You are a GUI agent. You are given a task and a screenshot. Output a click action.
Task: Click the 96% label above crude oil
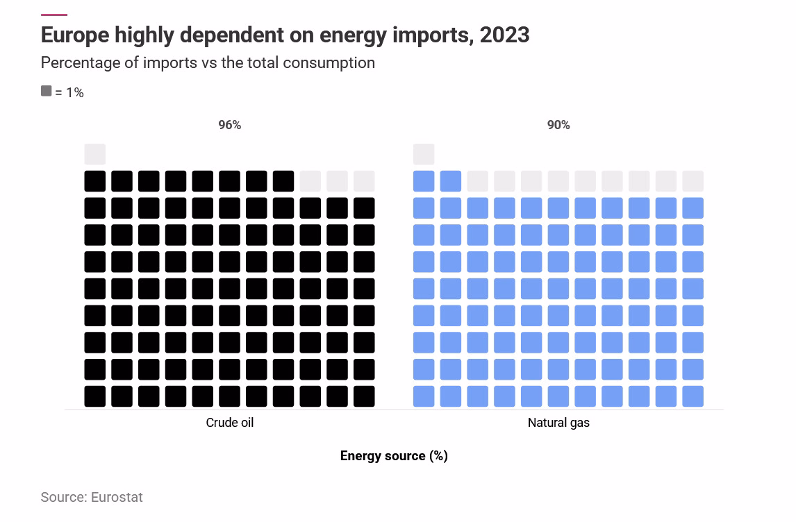pyautogui.click(x=229, y=125)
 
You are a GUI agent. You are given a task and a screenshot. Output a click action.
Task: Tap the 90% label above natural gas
pyautogui.click(x=558, y=125)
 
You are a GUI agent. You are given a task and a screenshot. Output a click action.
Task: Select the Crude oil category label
pyautogui.click(x=229, y=423)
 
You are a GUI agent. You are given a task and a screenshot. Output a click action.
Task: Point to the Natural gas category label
pyautogui.click(x=558, y=423)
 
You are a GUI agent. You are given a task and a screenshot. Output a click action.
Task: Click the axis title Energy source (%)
pyautogui.click(x=394, y=455)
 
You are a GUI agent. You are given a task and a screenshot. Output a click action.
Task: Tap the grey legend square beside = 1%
pyautogui.click(x=47, y=91)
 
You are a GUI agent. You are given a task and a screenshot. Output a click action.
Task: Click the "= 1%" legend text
pyautogui.click(x=69, y=92)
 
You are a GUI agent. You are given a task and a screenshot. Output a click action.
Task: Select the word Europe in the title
pyautogui.click(x=74, y=35)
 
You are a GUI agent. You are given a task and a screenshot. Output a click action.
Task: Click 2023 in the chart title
pyautogui.click(x=504, y=35)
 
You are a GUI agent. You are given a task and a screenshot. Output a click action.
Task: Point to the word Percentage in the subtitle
pyautogui.click(x=83, y=63)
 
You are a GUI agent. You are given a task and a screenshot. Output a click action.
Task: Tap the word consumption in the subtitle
pyautogui.click(x=329, y=63)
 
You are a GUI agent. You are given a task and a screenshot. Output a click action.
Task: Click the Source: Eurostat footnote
pyautogui.click(x=92, y=497)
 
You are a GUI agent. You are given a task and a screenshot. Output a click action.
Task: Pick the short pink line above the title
pyautogui.click(x=53, y=15)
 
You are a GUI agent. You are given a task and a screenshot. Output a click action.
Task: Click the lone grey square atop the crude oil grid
pyautogui.click(x=95, y=154)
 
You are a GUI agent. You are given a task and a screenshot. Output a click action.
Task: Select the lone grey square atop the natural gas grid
pyautogui.click(x=424, y=154)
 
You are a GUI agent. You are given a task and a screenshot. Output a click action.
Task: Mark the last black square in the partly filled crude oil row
pyautogui.click(x=283, y=181)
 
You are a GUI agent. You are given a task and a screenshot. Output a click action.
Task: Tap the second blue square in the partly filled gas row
pyautogui.click(x=451, y=181)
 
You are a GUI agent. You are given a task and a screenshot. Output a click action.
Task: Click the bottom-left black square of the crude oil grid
pyautogui.click(x=95, y=396)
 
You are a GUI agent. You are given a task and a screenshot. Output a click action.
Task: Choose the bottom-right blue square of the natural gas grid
pyautogui.click(x=693, y=396)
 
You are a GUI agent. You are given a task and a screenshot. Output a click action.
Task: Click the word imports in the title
pyautogui.click(x=433, y=35)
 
